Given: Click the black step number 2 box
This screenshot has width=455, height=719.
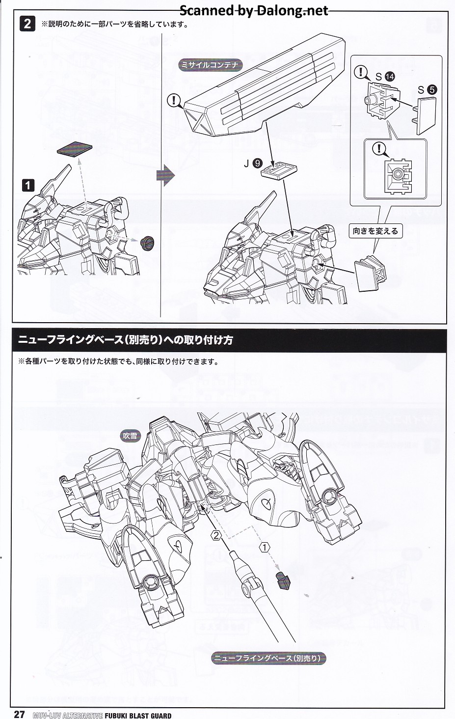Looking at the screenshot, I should point(27,24).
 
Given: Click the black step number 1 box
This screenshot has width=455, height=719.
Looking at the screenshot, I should point(28,185).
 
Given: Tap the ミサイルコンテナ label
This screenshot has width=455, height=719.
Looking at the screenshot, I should point(210,65).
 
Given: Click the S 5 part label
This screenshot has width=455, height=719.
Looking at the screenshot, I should point(427,90).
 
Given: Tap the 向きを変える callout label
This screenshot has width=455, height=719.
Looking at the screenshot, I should point(375,230).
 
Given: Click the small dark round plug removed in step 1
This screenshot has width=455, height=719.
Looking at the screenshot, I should point(147,242).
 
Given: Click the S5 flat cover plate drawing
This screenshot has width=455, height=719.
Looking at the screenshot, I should point(427,114).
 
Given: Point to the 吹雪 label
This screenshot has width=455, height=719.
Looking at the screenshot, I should point(131,435).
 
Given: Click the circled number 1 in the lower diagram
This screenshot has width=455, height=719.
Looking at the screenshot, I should point(265,547).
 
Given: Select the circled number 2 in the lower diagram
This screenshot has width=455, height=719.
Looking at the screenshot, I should point(216,535).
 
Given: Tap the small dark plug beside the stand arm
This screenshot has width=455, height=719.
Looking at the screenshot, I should point(284,580).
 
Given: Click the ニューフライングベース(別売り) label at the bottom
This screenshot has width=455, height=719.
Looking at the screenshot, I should point(268,658).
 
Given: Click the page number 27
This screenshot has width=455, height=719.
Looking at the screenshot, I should point(19,714).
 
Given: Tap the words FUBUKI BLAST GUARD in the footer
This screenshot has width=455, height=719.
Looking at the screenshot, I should point(138,716).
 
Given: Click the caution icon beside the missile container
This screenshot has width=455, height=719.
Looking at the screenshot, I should point(174,101).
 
